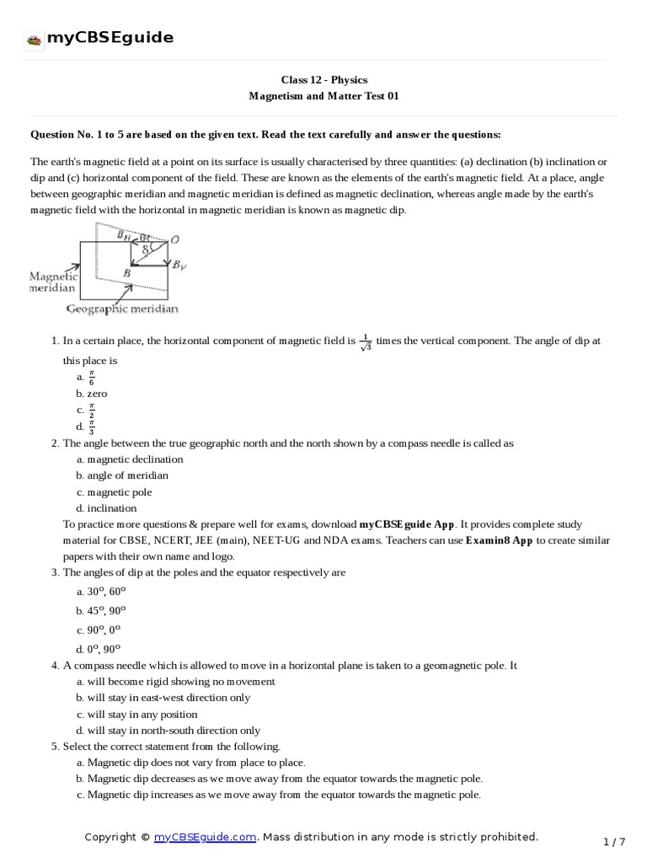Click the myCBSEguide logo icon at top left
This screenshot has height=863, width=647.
[35, 39]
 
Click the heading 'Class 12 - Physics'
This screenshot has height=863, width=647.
[323, 80]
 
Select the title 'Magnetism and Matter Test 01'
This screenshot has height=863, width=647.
[323, 96]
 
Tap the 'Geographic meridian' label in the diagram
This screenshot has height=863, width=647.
[123, 309]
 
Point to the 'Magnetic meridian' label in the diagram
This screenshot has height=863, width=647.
[54, 282]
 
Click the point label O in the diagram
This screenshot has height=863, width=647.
[174, 240]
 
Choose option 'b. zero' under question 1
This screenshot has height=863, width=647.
[92, 394]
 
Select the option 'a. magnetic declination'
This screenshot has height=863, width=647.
[130, 459]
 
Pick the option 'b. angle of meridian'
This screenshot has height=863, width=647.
[122, 475]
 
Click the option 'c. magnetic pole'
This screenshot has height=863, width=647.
[114, 492]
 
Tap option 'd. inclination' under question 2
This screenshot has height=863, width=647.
[106, 508]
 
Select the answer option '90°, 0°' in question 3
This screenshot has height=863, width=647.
[101, 630]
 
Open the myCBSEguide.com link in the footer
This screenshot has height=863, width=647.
[205, 837]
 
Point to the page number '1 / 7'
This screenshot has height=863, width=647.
[615, 842]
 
